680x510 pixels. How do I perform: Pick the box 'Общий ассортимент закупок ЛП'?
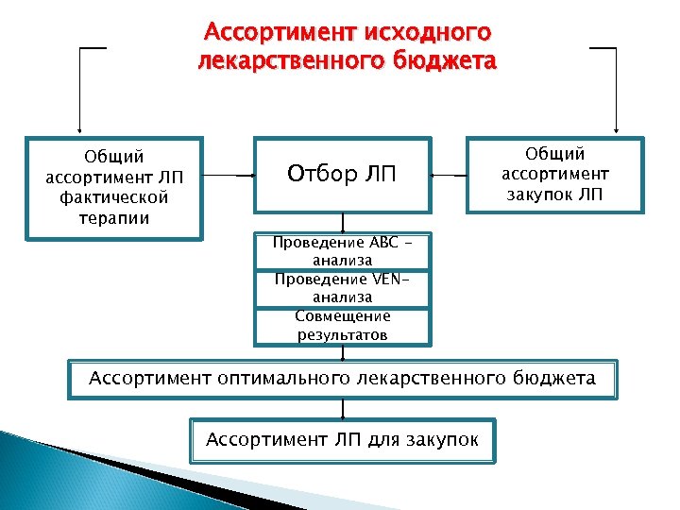[x=554, y=175]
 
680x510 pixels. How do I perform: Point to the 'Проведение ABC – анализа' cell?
[x=342, y=250]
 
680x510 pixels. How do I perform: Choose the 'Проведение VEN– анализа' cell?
[x=342, y=288]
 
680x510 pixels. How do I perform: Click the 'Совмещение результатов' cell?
[x=342, y=326]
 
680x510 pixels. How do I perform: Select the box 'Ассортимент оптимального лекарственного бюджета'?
[x=342, y=380]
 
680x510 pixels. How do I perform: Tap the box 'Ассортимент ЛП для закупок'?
[x=342, y=439]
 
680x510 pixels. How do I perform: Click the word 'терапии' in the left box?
[x=113, y=218]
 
